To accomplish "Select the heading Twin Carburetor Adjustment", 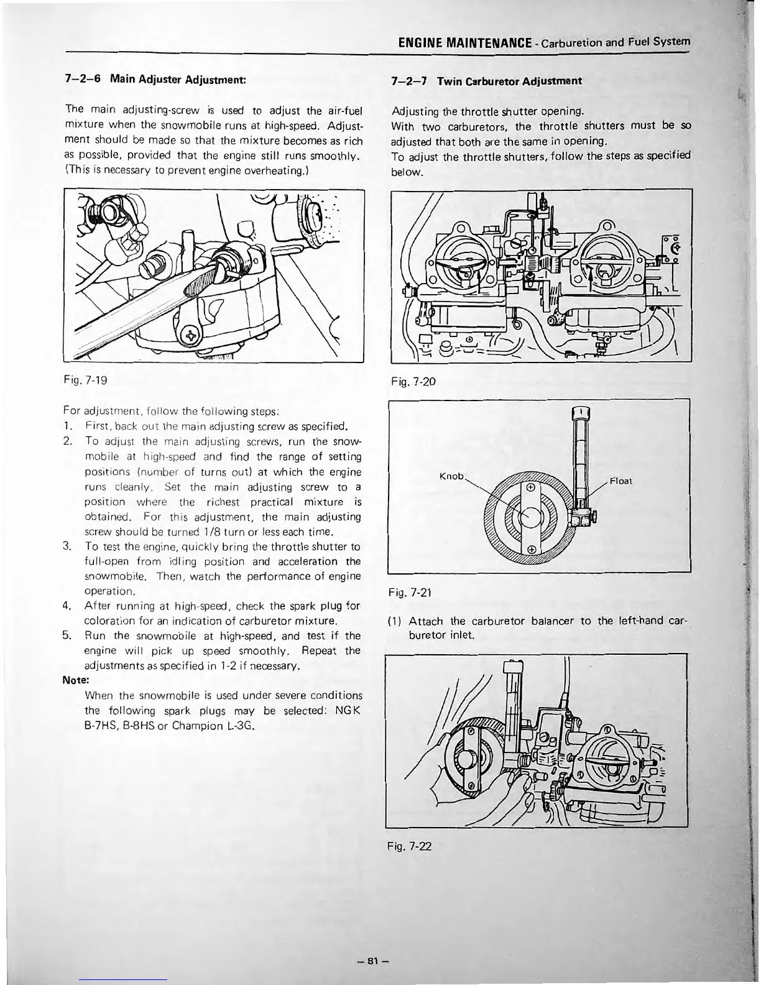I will pos(509,81).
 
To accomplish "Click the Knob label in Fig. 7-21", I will pos(451,476).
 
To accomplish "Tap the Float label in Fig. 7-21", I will pos(621,481).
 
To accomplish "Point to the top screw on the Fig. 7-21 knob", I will pos(529,488).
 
